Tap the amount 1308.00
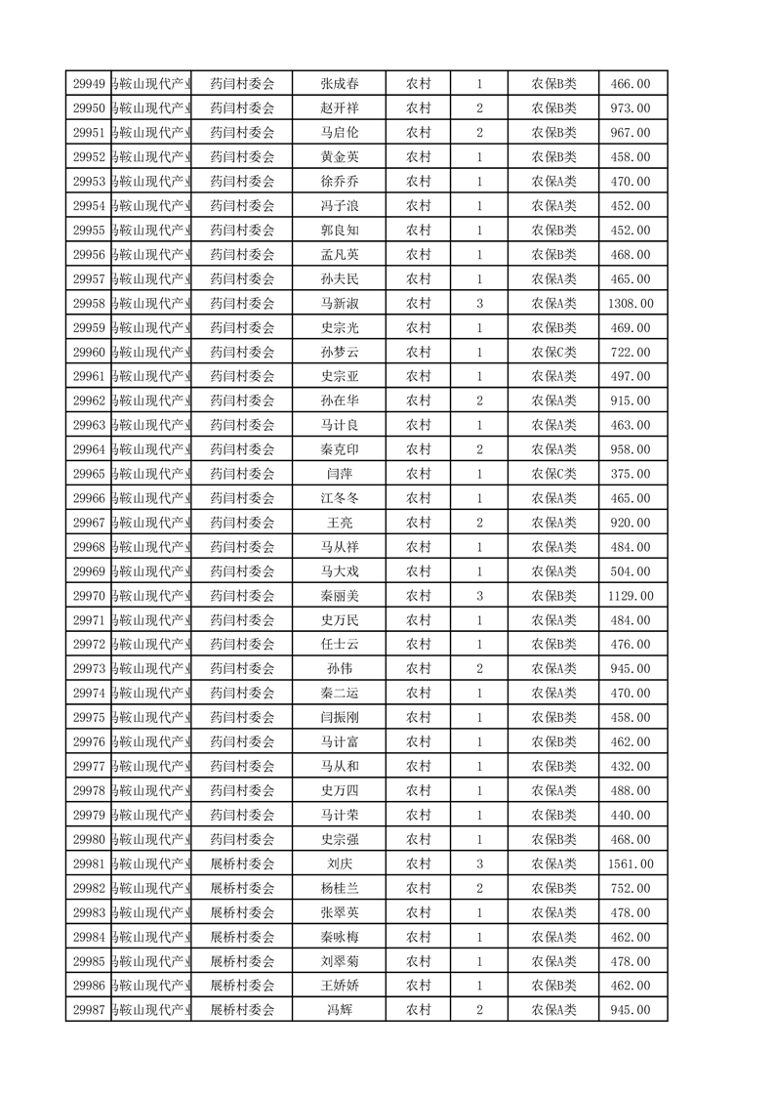631,304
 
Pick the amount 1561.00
631,864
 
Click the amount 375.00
631,474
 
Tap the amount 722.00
631,353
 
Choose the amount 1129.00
631,596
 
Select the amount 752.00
631,889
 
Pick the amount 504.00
631,571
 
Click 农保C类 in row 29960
553,353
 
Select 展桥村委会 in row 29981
243,864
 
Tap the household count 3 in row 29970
479,596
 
